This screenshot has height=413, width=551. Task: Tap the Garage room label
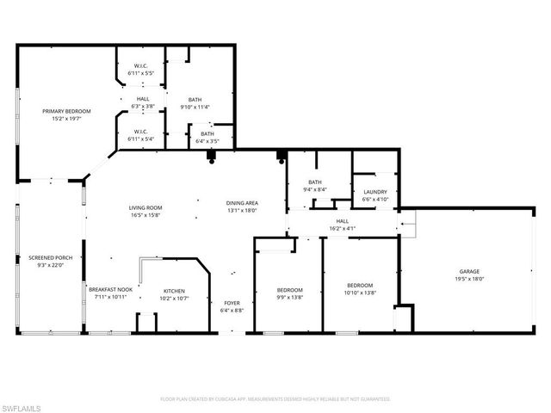tap(469, 271)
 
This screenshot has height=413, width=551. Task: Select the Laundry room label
tap(375, 192)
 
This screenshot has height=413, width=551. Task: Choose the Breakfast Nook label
tap(110, 291)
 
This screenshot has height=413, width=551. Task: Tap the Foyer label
tap(232, 303)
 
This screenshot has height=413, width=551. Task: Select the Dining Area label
tap(242, 203)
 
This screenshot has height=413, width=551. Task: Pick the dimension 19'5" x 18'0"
tap(469, 278)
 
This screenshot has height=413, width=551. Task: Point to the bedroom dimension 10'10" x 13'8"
tap(360, 293)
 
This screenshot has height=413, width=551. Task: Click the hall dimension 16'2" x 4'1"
tap(342, 228)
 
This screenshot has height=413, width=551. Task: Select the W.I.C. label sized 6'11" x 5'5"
tap(141, 73)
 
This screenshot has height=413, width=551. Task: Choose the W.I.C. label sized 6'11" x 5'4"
tap(141, 139)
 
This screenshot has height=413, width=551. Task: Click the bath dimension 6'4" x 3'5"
tap(207, 140)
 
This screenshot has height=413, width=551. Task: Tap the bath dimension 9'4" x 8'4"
tap(315, 188)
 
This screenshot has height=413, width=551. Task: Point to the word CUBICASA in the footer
tap(222, 399)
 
